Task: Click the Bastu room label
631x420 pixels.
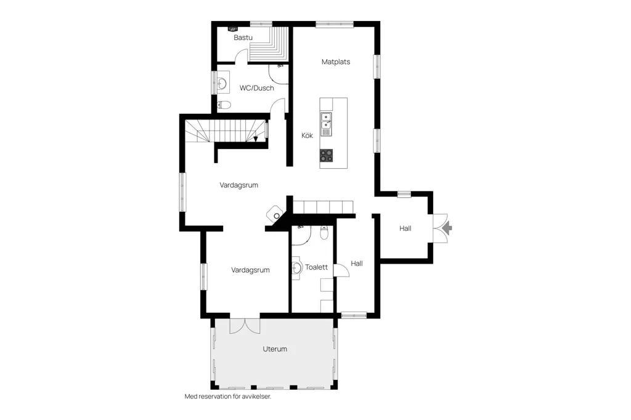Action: tap(243, 38)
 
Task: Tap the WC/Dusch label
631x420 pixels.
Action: tap(257, 87)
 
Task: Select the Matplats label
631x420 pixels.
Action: tap(336, 62)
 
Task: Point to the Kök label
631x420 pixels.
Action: tap(307, 135)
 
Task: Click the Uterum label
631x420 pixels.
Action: tap(275, 349)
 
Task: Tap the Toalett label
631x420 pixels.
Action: tap(316, 267)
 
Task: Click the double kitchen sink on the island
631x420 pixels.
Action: tap(326, 124)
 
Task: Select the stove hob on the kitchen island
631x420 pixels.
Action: tap(327, 155)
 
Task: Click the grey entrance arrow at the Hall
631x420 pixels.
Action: tap(447, 228)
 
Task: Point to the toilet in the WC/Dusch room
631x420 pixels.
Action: tap(224, 105)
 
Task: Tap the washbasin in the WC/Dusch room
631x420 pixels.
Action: tap(222, 83)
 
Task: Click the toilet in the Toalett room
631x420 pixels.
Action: tap(324, 233)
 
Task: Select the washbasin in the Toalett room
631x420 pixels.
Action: tap(296, 268)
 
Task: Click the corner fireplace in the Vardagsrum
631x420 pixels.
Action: tap(275, 214)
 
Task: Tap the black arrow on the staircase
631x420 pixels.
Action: tap(256, 139)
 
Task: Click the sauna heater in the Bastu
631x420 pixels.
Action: tap(233, 29)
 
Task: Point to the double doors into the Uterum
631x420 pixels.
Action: tap(245, 325)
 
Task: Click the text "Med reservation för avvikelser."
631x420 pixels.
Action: tap(228, 396)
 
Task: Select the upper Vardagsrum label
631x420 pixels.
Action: tap(238, 185)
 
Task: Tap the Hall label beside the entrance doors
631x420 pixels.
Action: tap(405, 228)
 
